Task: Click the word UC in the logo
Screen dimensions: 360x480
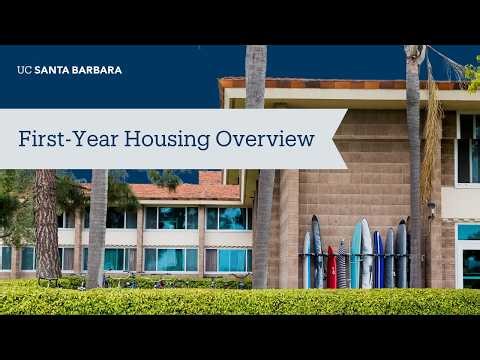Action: tap(24, 70)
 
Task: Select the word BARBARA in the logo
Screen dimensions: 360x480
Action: tap(99, 70)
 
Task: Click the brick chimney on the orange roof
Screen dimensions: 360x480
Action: tap(211, 177)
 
